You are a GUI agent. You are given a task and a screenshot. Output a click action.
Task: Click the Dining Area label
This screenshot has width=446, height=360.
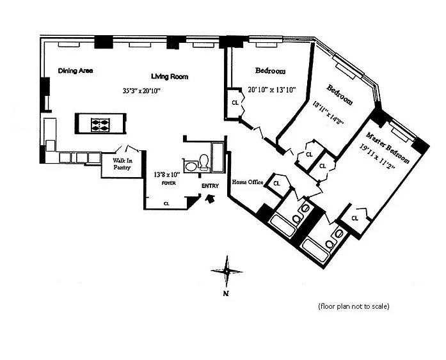click(76, 71)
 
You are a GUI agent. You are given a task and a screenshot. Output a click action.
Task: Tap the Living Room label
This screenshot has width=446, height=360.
click(170, 77)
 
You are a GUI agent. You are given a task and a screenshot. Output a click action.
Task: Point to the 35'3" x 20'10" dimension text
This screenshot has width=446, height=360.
click(141, 91)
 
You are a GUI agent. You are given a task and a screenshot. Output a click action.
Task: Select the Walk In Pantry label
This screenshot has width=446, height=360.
click(122, 164)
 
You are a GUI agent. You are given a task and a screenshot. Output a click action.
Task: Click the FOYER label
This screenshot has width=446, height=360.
click(169, 184)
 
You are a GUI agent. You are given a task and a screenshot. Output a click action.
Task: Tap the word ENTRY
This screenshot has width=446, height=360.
click(210, 186)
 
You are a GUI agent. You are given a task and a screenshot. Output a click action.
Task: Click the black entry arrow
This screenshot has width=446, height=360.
click(210, 199)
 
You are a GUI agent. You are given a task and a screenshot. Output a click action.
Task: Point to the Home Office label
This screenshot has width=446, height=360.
click(248, 182)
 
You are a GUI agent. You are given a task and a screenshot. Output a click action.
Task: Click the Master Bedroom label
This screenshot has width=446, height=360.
click(388, 148)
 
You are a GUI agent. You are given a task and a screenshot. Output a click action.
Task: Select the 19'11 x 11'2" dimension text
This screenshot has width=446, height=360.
click(377, 156)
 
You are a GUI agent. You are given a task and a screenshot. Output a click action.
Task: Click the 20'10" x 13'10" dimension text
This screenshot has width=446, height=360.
click(272, 90)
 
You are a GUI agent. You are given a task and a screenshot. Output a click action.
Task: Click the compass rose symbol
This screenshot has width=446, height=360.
click(227, 272)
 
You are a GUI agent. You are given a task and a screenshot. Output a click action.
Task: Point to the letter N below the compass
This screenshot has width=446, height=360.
click(226, 293)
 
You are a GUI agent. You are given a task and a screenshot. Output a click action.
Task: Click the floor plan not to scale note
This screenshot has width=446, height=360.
click(354, 306)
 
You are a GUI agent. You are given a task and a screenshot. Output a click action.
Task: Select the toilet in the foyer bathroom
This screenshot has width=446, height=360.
click(204, 161)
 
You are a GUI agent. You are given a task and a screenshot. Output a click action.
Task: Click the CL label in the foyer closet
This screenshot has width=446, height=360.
click(166, 203)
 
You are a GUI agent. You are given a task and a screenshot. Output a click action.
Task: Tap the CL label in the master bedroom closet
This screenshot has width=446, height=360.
click(354, 218)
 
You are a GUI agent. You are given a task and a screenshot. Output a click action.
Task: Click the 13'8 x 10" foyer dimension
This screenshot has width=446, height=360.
click(167, 175)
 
